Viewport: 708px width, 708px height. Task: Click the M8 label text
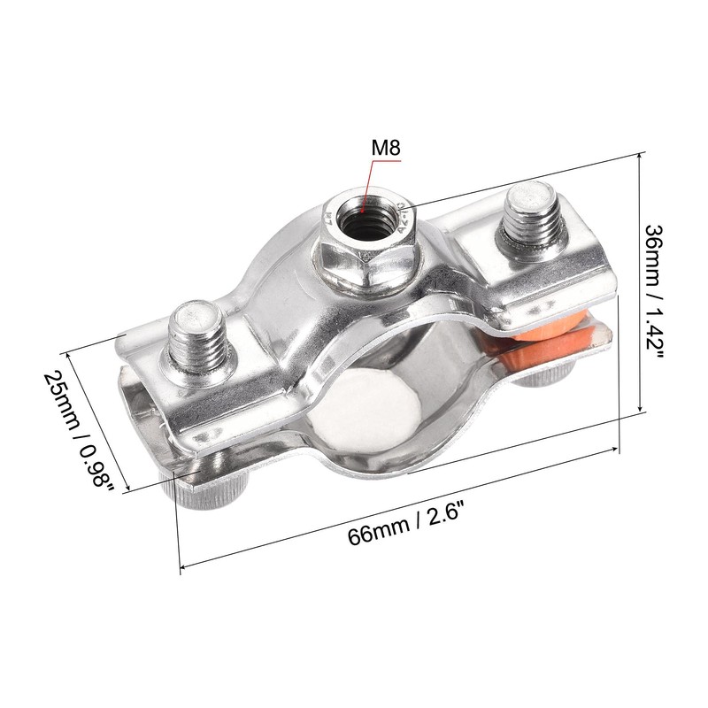pyautogui.click(x=386, y=148)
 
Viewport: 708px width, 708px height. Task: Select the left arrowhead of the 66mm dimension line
pyautogui.click(x=183, y=566)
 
